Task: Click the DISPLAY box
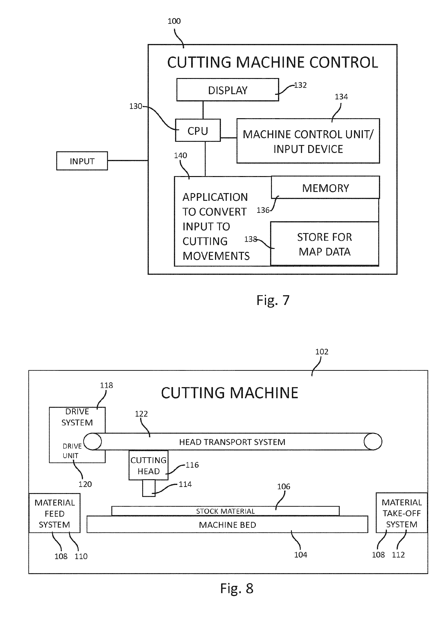[x=227, y=90]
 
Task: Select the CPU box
[x=198, y=130]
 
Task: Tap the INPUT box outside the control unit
[x=82, y=161]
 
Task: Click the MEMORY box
[x=325, y=188]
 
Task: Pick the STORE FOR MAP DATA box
[x=325, y=244]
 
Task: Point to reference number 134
[x=341, y=97]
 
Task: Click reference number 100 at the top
[x=174, y=21]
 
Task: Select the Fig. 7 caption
[x=273, y=300]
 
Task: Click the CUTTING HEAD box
[x=148, y=465]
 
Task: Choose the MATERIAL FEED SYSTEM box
[x=54, y=513]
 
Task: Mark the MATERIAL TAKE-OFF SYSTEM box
[x=401, y=513]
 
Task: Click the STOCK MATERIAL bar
[x=225, y=511]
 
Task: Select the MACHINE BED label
[x=227, y=525]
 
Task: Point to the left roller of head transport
[x=93, y=441]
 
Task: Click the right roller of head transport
[x=373, y=441]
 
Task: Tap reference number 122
[x=141, y=414]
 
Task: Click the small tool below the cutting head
[x=149, y=488]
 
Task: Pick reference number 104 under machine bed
[x=300, y=555]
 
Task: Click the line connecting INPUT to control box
[x=128, y=160]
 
